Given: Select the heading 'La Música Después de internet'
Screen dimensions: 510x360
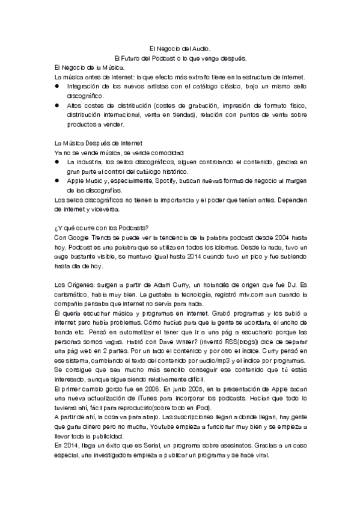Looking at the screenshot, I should coord(98,144).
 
